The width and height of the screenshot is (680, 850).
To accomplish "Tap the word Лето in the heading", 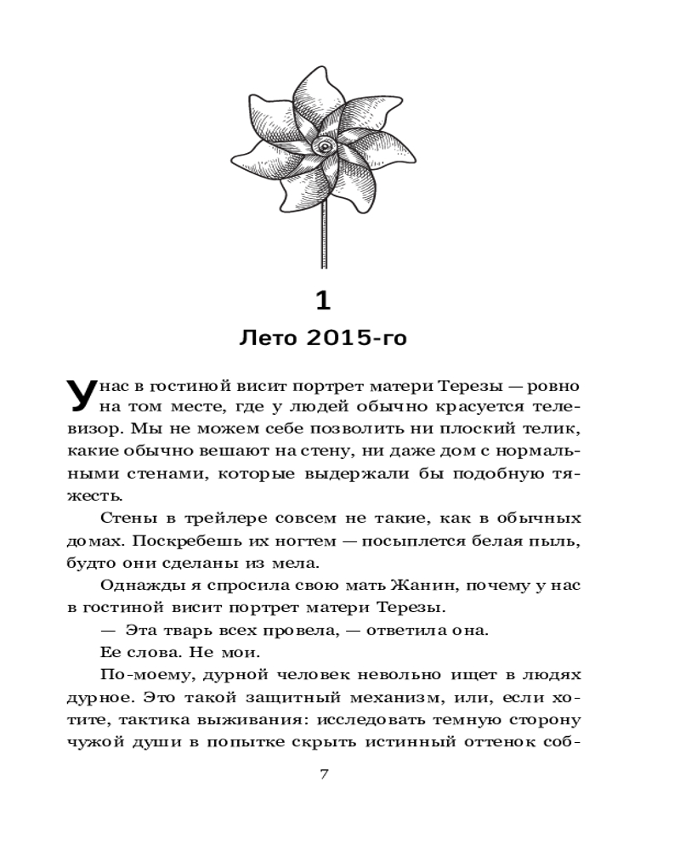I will (x=269, y=339).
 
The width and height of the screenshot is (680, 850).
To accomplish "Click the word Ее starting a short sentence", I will (x=110, y=653).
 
